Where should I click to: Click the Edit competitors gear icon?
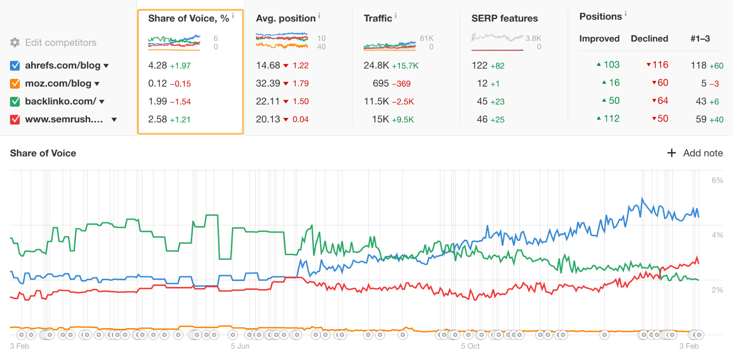coord(15,43)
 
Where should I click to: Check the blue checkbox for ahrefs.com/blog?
coord(15,66)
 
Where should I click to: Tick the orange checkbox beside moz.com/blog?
coord(15,84)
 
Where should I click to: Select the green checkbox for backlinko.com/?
coord(15,102)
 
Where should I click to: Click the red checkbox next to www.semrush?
coord(15,120)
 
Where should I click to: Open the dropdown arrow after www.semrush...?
coord(114,120)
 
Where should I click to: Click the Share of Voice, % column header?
coord(188,18)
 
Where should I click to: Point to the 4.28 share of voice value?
coord(157,66)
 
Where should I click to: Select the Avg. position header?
coord(286,18)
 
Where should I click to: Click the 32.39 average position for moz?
coord(268,84)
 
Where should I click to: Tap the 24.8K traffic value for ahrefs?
coord(376,66)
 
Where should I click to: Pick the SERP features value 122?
coord(479,66)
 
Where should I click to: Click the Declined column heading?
coord(649,38)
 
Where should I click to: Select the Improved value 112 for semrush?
coord(611,119)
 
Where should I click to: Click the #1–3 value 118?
coord(699,66)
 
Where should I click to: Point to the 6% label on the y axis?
coord(717,180)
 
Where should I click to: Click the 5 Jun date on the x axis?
coord(240,346)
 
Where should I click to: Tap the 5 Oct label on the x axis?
coord(470,346)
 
